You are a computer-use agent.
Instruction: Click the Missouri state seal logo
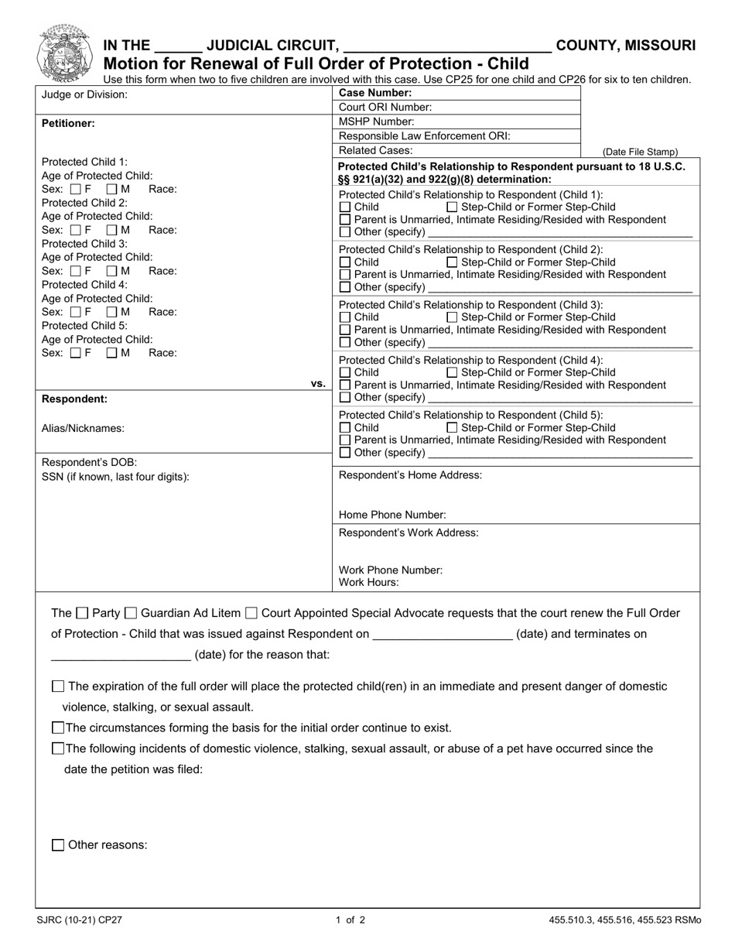(64, 52)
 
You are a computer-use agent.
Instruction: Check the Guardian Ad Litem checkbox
(131, 614)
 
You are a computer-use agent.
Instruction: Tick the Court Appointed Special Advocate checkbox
(251, 614)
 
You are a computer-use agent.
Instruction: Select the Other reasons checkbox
(58, 845)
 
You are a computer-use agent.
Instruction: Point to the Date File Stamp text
(640, 152)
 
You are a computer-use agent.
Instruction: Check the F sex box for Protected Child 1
(75, 189)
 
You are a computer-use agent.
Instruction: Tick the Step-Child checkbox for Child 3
(453, 317)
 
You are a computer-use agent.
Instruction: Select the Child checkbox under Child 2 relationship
(345, 262)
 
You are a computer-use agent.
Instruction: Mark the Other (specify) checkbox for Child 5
(345, 453)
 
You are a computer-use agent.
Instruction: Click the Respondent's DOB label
(89, 463)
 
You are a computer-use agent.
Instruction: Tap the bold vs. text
(318, 383)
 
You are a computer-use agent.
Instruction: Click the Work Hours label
(368, 583)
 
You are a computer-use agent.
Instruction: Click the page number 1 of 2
(350, 920)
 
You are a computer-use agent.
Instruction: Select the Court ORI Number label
(385, 108)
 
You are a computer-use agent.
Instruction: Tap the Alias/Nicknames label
(83, 428)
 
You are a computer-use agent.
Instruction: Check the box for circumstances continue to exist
(58, 728)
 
